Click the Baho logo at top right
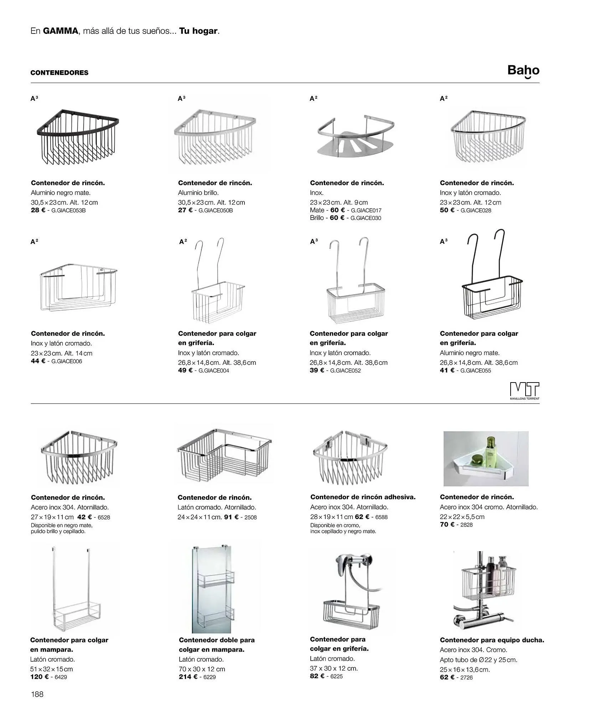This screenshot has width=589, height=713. point(523,71)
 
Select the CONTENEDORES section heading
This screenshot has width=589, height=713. point(60,73)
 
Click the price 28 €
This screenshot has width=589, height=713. point(38,210)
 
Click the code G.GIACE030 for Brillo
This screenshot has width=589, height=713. point(366,218)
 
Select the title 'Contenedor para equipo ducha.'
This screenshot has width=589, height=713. point(492,640)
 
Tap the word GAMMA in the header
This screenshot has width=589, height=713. point(60,31)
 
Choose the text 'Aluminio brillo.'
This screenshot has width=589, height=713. point(198,193)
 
